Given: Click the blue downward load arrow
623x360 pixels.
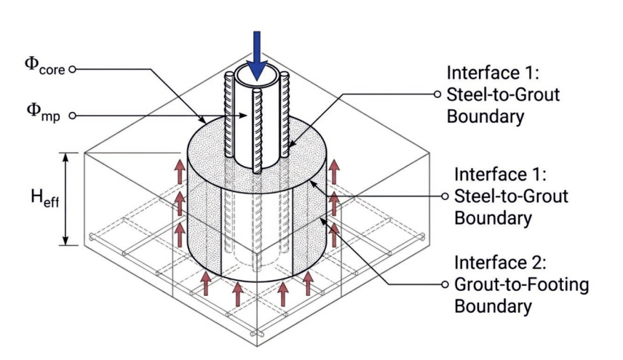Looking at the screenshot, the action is (x=257, y=55).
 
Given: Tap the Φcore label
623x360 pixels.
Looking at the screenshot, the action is (x=44, y=66).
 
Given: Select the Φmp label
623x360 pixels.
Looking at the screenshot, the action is (x=44, y=113).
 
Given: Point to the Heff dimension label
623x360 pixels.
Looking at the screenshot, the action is (x=45, y=198).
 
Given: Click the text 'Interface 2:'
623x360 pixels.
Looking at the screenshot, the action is (x=500, y=263).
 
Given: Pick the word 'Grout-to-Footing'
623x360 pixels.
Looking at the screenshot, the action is (x=521, y=285).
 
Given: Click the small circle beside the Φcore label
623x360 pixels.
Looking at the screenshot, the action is (x=72, y=70).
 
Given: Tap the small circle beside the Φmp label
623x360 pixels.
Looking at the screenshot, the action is (x=72, y=116).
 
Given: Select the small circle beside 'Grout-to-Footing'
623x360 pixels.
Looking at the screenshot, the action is (x=445, y=284).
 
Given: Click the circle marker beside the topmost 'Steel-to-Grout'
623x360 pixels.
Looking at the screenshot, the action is (x=437, y=94).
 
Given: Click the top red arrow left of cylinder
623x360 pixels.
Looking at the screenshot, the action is (x=180, y=172).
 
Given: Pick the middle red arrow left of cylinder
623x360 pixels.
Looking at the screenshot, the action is (x=180, y=204).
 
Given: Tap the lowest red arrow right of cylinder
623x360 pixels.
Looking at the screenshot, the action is (x=334, y=235).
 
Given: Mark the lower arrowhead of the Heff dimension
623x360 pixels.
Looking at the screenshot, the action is (x=66, y=241).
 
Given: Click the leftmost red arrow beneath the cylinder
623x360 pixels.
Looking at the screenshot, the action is (x=205, y=283).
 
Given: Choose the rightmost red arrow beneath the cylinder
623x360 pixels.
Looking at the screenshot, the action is (x=308, y=283).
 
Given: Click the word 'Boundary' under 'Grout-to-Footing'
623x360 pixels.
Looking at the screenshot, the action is (x=493, y=306).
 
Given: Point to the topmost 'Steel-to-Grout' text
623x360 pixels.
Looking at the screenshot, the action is (x=503, y=95).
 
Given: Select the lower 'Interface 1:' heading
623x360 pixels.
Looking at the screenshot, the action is (x=500, y=175).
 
